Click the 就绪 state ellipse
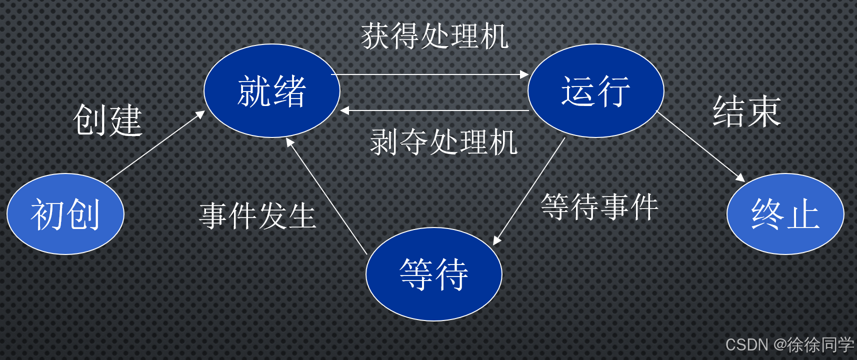point(271,91)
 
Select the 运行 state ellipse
point(595,91)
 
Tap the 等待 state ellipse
point(433,274)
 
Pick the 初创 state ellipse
point(65,214)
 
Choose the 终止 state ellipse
point(785,214)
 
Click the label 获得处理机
point(434,36)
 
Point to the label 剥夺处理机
point(443,142)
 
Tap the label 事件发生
point(257,216)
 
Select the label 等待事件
point(599,207)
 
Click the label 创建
point(107,120)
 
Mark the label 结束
point(746,111)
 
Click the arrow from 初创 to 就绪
point(155,146)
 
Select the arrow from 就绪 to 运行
point(430,74)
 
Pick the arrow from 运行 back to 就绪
point(435,110)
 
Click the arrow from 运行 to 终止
point(700,145)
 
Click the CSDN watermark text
point(789,344)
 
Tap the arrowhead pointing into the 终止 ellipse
point(740,177)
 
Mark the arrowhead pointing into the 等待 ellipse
point(497,240)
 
